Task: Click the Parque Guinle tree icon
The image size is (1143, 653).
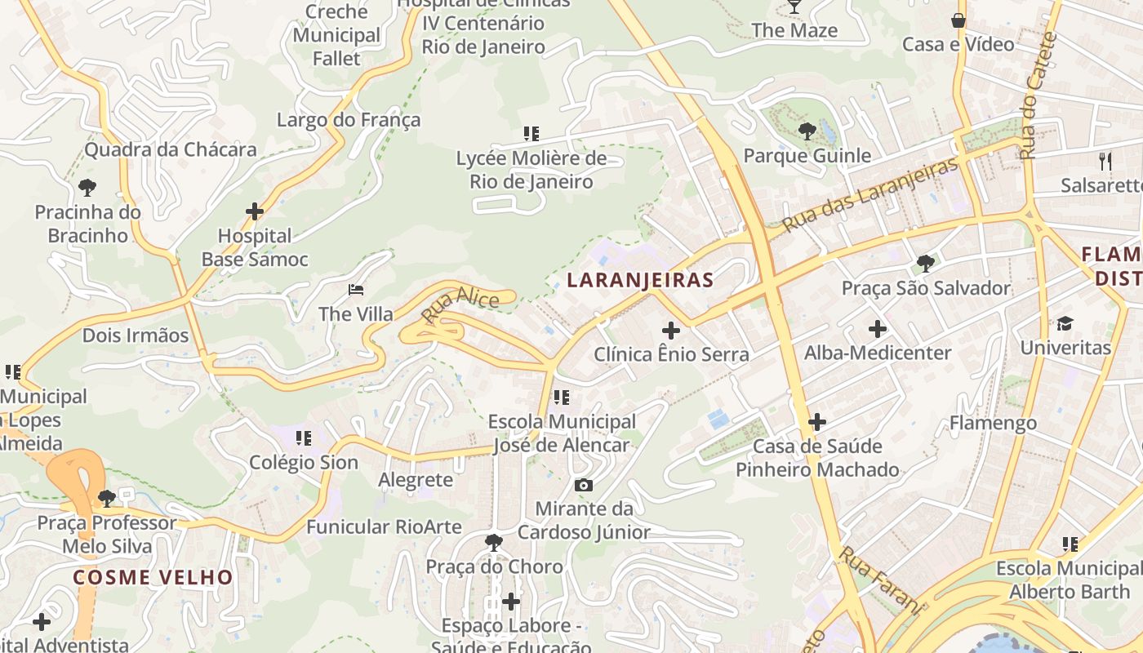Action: click(x=807, y=131)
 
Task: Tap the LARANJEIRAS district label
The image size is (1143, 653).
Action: click(x=640, y=280)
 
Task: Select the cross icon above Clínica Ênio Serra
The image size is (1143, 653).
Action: click(x=671, y=331)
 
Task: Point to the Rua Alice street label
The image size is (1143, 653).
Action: click(x=460, y=305)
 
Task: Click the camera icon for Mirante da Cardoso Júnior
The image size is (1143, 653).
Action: click(x=583, y=485)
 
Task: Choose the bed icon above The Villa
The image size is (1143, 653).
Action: click(x=355, y=290)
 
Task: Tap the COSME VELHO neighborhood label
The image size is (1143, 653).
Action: click(x=153, y=577)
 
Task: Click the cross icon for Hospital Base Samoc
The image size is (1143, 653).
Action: click(x=255, y=211)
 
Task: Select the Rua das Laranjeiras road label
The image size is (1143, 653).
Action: click(x=869, y=194)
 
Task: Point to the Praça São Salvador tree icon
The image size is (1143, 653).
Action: click(x=925, y=263)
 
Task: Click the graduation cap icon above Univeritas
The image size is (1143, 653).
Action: click(x=1065, y=324)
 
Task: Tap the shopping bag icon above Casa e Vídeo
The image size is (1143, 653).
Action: click(x=958, y=20)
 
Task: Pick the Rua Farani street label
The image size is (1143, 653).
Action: click(x=880, y=580)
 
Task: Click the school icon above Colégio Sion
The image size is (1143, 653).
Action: click(x=304, y=438)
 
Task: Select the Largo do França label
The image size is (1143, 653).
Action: click(x=349, y=120)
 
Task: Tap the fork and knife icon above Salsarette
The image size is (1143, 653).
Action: click(x=1105, y=161)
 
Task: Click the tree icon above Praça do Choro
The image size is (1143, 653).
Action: click(x=493, y=542)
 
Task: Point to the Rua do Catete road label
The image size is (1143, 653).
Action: click(x=1038, y=96)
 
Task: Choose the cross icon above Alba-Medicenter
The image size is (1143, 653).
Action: click(x=878, y=329)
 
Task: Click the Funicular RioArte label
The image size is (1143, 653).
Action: click(x=384, y=526)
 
